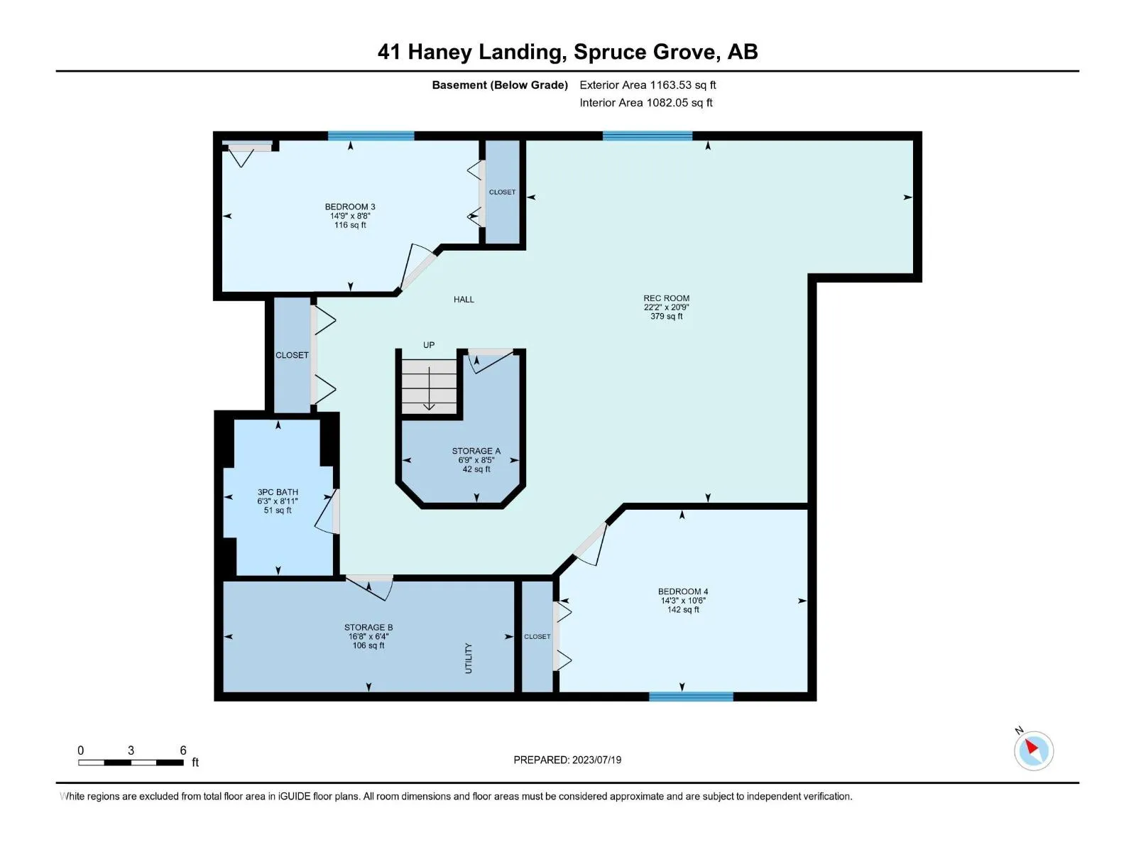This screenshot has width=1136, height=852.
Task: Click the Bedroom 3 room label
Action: [x=350, y=207]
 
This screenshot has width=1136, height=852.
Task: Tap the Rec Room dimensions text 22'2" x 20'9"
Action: [x=666, y=307]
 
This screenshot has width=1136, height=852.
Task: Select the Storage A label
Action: [x=476, y=451]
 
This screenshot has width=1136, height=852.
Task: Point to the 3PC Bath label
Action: [x=278, y=492]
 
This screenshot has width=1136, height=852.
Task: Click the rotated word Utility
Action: [x=469, y=658]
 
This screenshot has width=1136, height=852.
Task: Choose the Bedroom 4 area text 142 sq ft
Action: [x=683, y=610]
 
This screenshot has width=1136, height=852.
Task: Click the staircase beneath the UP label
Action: [x=429, y=386]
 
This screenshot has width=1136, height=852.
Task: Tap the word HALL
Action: [x=464, y=299]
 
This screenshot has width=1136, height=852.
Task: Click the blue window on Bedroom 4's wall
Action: [x=691, y=697]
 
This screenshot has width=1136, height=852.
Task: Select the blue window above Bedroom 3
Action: [x=371, y=136]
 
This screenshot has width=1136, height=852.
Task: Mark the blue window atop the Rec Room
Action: [x=648, y=136]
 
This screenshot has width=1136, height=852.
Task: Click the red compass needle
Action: [x=1032, y=746]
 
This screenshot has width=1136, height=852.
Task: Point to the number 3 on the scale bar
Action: [x=131, y=750]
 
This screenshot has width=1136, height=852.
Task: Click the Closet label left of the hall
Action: [x=292, y=355]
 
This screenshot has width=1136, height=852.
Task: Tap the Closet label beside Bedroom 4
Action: [x=537, y=636]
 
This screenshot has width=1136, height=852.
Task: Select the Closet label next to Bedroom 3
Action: [x=502, y=192]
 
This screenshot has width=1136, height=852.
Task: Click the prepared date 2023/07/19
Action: [x=596, y=760]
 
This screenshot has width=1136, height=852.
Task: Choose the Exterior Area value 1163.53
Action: [x=671, y=84]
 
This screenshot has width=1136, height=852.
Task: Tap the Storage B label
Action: [x=368, y=628]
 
